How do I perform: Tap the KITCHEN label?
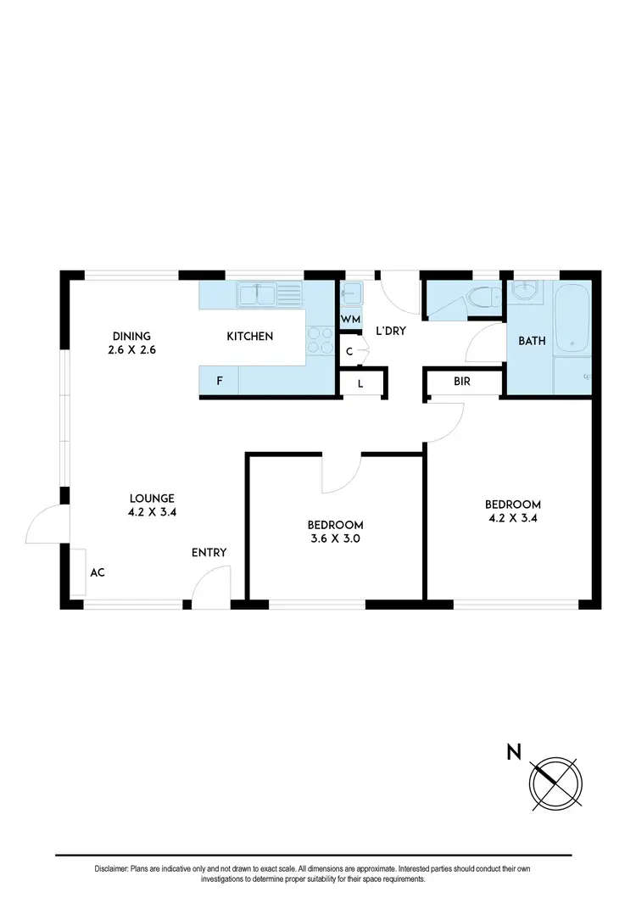(249, 337)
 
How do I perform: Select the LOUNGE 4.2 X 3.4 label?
(152, 505)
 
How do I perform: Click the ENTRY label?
(209, 553)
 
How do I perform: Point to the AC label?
(98, 572)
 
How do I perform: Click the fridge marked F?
(220, 381)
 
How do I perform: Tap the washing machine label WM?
(350, 320)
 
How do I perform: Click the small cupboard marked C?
(349, 351)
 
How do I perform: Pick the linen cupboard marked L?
(360, 383)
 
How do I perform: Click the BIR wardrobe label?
(462, 382)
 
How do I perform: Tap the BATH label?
(532, 341)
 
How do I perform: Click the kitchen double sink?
(270, 294)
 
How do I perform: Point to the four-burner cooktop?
(320, 341)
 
